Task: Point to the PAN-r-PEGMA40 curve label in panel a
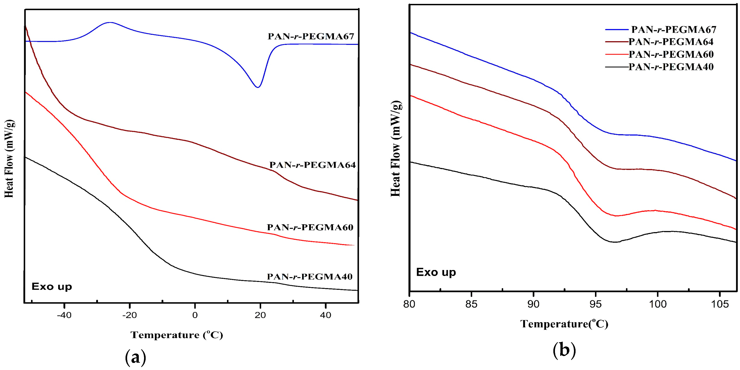click(x=310, y=277)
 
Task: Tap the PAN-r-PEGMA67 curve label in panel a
click(x=311, y=36)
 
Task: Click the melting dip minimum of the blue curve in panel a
click(x=258, y=87)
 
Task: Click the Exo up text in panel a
click(x=52, y=286)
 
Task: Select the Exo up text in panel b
click(x=436, y=272)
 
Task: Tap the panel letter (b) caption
click(x=564, y=350)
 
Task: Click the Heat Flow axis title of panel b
click(x=396, y=149)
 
